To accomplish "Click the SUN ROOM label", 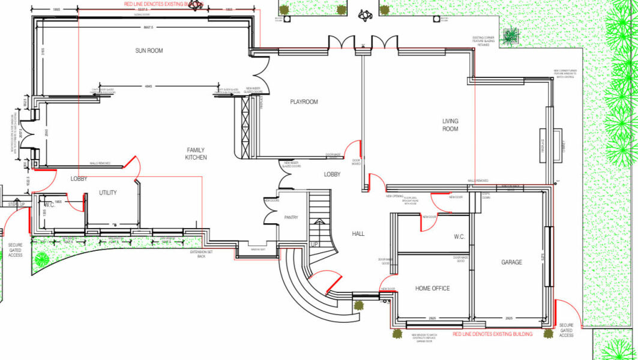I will click(149, 51).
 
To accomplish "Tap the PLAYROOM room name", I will click(304, 102).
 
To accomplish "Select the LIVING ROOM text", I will click(450, 125).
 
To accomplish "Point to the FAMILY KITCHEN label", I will click(196, 154).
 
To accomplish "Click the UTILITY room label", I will click(108, 193).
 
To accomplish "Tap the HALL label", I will click(358, 234).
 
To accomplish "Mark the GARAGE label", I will click(511, 262).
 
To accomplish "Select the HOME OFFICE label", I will click(432, 289).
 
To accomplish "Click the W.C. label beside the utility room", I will click(49, 205).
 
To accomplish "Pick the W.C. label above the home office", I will click(459, 237).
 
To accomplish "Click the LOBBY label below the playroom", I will click(332, 175).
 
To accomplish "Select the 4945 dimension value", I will click(148, 87).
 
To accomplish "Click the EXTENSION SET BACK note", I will click(198, 254).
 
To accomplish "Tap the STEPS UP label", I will click(16, 205).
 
